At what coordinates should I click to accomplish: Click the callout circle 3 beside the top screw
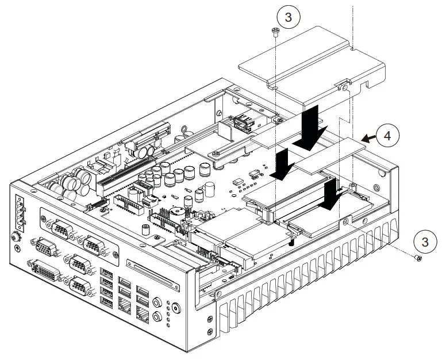tap(288, 17)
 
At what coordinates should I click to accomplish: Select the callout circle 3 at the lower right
tap(424, 242)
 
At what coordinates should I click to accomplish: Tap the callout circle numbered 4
tap(388, 136)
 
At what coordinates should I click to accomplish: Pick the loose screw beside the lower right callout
tap(418, 260)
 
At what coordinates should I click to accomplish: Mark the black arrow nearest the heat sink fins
tap(332, 195)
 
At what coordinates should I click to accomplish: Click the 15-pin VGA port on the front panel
tap(44, 249)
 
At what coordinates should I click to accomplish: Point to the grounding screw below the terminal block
tap(17, 236)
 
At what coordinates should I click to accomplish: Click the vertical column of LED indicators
tap(167, 310)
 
